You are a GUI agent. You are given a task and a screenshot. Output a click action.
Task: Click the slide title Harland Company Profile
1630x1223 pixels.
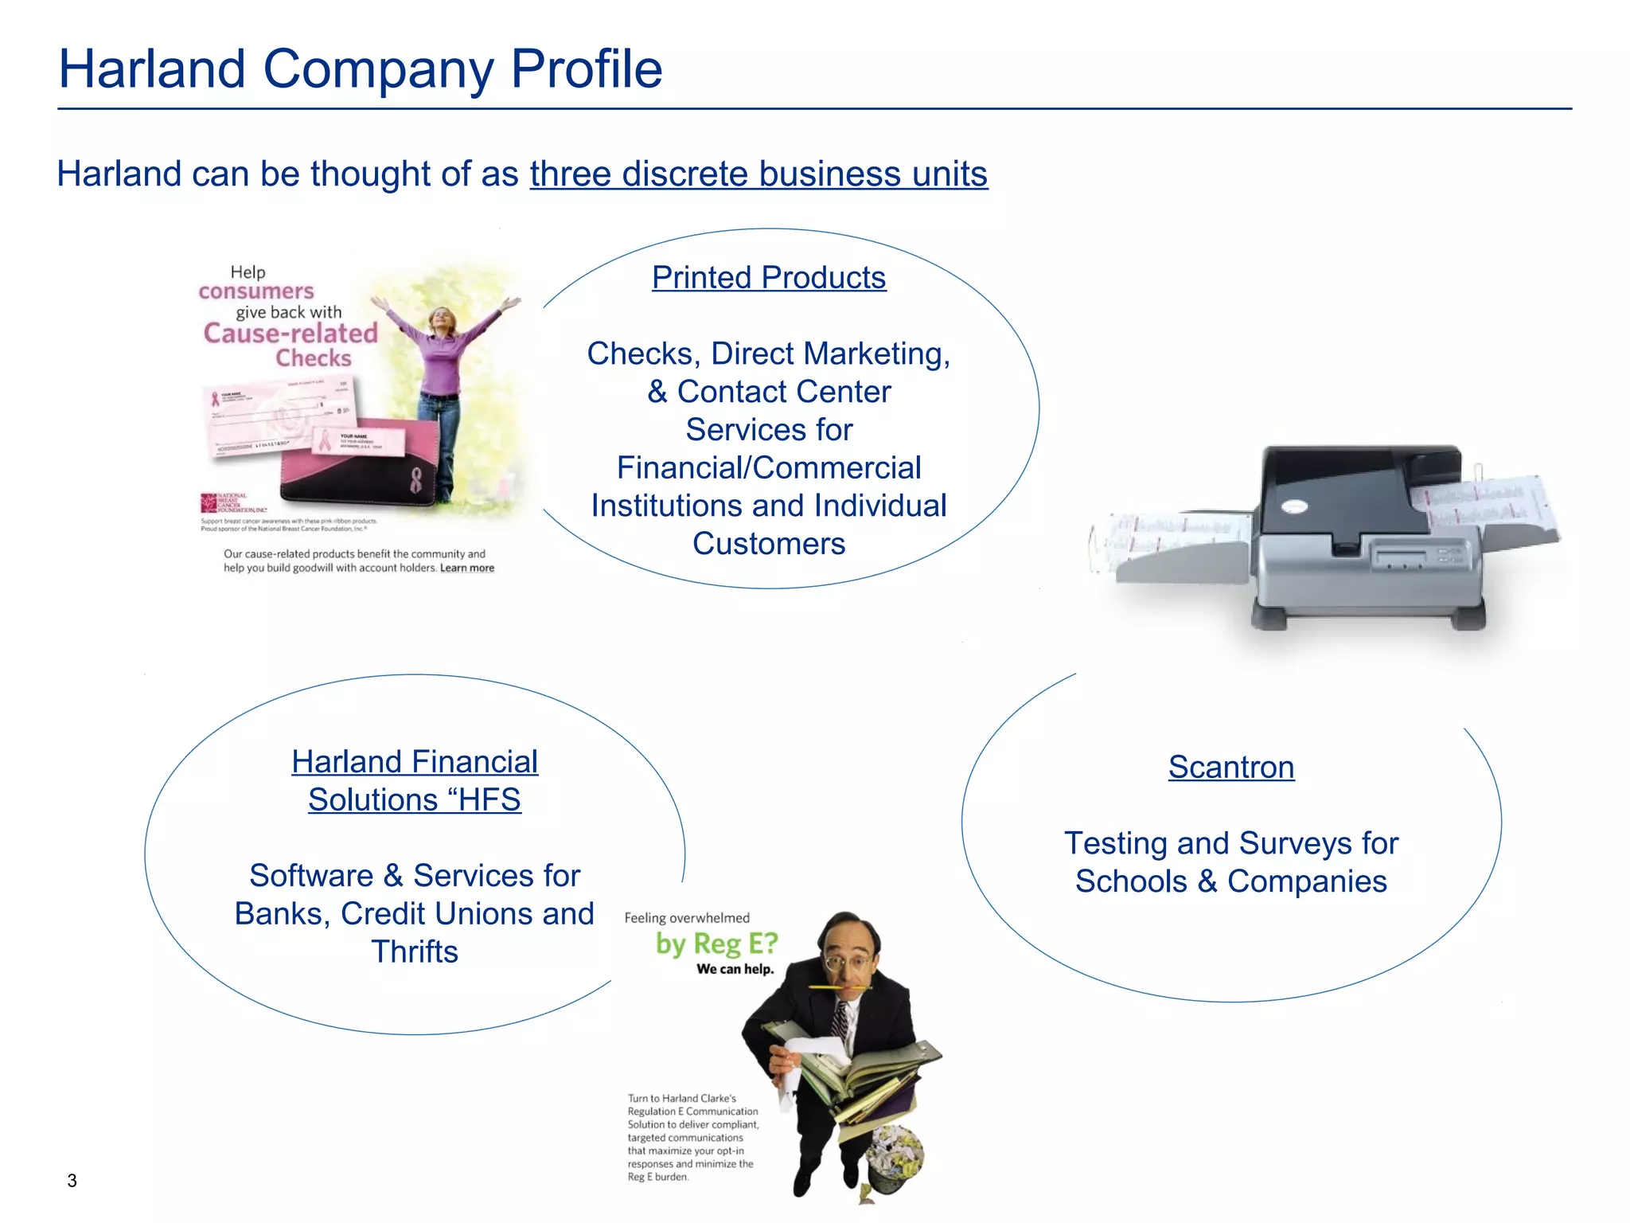tap(360, 69)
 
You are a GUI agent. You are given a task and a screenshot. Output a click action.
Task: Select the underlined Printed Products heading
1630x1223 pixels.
tap(768, 278)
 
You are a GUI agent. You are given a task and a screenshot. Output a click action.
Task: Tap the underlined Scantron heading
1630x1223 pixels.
tap(1230, 768)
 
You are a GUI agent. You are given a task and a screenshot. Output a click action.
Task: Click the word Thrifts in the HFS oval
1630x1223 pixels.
tap(414, 952)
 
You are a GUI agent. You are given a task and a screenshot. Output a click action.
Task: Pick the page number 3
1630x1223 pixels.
tap(72, 1181)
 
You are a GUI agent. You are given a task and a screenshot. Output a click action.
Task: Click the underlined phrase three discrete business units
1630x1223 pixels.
tap(758, 174)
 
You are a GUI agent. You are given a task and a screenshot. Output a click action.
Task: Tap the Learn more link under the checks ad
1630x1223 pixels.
tap(467, 569)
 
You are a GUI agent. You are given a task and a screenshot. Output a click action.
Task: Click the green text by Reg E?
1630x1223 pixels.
tap(716, 944)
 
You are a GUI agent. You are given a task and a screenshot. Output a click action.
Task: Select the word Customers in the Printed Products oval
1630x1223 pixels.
tap(768, 545)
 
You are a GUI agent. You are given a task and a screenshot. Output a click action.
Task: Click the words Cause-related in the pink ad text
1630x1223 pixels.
tap(291, 334)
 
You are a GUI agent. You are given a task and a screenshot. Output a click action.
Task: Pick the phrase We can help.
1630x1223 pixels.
tap(735, 970)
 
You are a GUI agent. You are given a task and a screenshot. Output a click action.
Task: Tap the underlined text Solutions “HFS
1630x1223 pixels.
tap(414, 800)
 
